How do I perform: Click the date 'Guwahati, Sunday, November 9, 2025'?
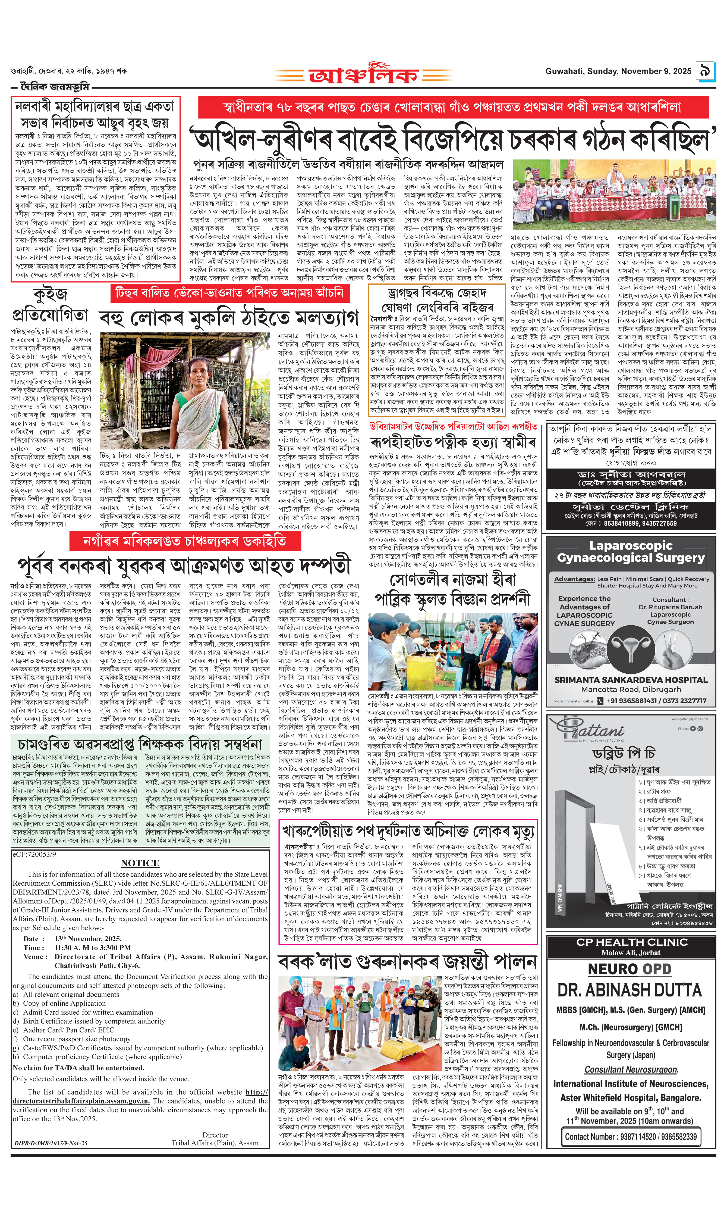pyautogui.click(x=618, y=71)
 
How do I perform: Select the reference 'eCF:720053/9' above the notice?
pyautogui.click(x=34, y=854)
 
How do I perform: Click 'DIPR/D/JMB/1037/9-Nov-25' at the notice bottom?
pyautogui.click(x=51, y=1143)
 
